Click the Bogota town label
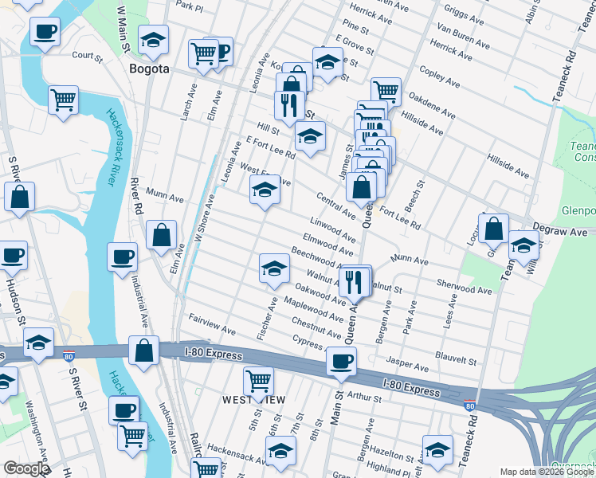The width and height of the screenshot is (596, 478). pyautogui.click(x=149, y=69)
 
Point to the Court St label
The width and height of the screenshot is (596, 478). pyautogui.click(x=88, y=56)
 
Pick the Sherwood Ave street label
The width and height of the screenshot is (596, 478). pyautogui.click(x=465, y=287)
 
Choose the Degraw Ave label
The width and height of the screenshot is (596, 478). pyautogui.click(x=559, y=230)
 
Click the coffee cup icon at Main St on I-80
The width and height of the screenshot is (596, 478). pyautogui.click(x=342, y=361)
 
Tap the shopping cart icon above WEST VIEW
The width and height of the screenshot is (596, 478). pyautogui.click(x=259, y=381)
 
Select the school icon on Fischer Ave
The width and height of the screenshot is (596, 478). pyautogui.click(x=274, y=268)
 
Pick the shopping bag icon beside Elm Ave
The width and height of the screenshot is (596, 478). pyautogui.click(x=162, y=235)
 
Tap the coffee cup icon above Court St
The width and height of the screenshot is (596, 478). pyautogui.click(x=45, y=32)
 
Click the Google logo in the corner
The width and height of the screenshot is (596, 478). pyautogui.click(x=26, y=468)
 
